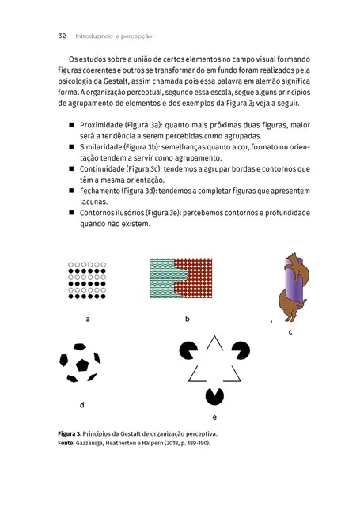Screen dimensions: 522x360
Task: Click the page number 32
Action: click(61, 36)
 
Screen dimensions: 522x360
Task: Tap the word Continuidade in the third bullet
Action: click(103, 168)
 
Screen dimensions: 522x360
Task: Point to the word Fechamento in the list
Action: click(100, 191)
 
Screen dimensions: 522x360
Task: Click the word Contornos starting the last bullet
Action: click(98, 213)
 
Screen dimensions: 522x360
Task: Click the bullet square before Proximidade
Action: click(71, 125)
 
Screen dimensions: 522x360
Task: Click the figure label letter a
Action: click(88, 320)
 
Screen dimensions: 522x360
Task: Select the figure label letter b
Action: click(188, 319)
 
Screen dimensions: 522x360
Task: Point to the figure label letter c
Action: click(290, 332)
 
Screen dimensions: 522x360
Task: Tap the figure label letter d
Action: click(82, 404)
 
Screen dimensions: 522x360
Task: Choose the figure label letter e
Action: click(214, 417)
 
